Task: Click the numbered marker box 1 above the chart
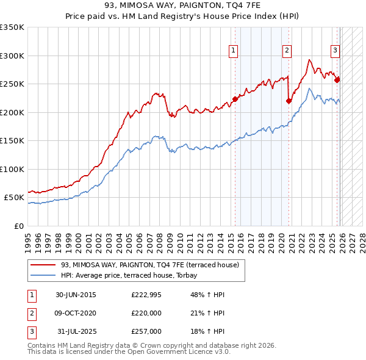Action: click(234, 51)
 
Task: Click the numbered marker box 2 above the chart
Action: click(286, 51)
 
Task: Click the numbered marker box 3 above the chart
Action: click(335, 51)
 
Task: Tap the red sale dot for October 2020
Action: click(289, 101)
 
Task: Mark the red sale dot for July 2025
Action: click(337, 79)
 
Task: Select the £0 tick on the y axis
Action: click(18, 226)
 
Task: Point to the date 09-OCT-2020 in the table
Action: click(76, 313)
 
